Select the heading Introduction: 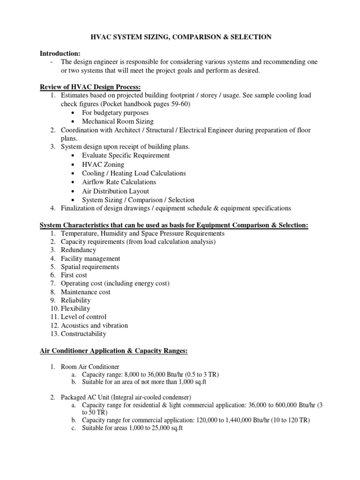[x=60, y=53]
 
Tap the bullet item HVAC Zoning [x=103, y=165]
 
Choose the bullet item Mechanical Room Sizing [x=116, y=121]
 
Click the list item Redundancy [x=78, y=250]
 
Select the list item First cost [x=74, y=275]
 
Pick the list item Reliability [x=75, y=300]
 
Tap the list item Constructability [x=83, y=334]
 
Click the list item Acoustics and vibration [x=94, y=325]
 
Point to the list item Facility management [x=90, y=259]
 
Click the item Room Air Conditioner [x=90, y=367]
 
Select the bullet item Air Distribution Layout [x=115, y=191]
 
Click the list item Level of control [x=83, y=317]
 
